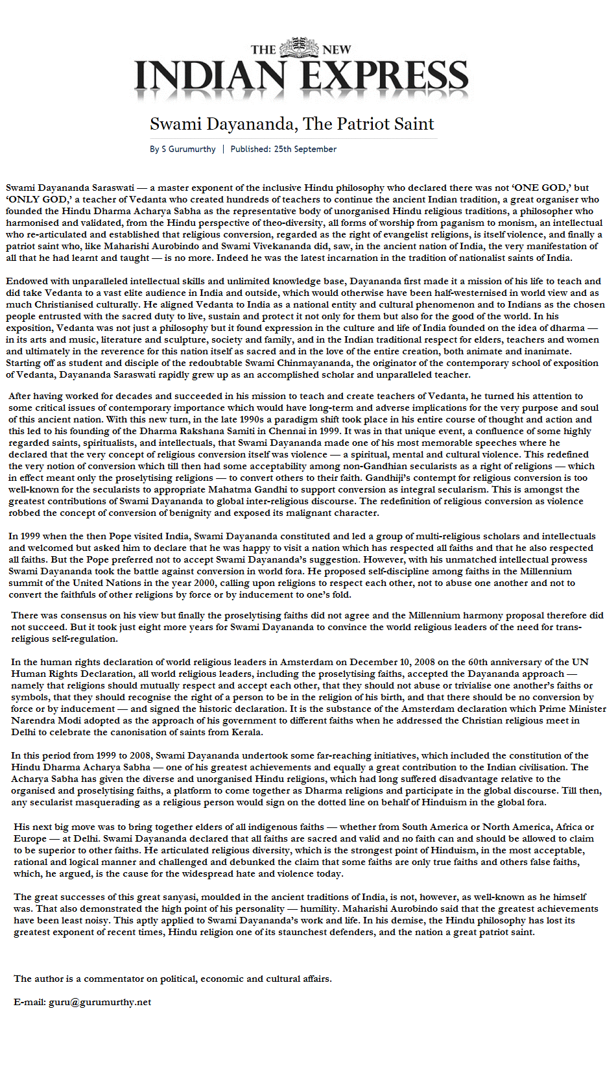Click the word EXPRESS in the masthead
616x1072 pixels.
386,79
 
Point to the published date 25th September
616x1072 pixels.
305,149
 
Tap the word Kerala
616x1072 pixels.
246,732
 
